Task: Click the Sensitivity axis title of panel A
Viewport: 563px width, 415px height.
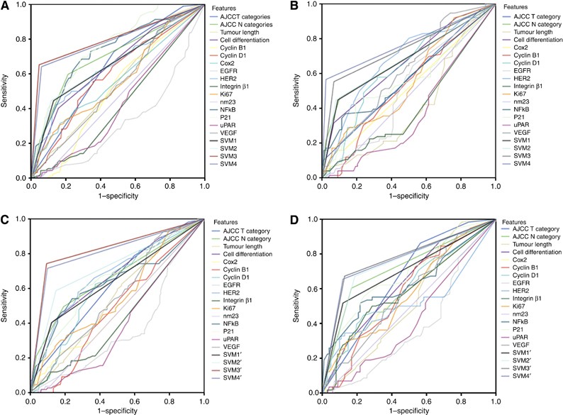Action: (x=6, y=92)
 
